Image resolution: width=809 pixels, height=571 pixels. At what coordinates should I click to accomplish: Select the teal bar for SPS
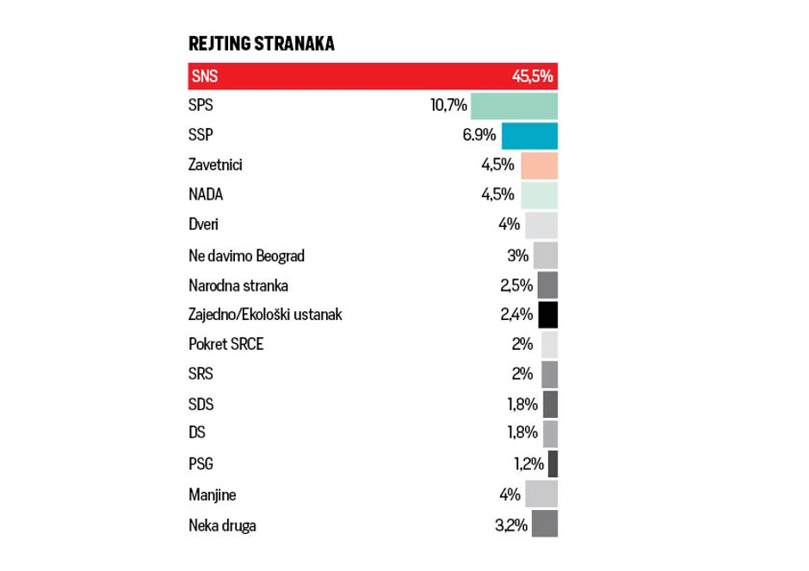515,106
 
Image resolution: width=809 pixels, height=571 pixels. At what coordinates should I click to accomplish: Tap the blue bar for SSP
529,136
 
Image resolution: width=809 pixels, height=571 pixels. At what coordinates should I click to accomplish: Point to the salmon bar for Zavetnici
540,165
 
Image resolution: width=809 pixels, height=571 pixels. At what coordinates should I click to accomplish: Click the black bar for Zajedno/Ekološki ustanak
548,315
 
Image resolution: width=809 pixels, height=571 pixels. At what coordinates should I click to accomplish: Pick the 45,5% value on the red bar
532,77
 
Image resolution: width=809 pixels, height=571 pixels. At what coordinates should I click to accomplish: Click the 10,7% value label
448,106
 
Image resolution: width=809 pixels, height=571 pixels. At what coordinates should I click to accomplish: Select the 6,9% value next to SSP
479,136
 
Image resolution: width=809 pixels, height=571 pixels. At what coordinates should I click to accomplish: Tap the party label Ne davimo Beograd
246,255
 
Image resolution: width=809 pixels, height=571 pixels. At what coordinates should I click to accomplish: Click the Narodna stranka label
238,285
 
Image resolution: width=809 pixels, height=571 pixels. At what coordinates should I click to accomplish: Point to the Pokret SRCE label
227,344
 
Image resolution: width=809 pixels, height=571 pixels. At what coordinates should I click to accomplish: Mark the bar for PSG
553,464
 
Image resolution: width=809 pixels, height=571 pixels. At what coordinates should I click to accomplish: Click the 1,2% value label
528,464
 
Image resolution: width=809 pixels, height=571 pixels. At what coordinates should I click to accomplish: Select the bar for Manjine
541,494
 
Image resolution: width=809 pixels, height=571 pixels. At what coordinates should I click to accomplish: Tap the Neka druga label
222,524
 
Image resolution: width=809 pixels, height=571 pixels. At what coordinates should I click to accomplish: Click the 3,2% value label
511,524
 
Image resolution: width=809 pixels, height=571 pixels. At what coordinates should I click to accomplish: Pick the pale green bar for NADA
540,195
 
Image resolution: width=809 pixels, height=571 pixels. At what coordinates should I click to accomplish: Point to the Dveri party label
203,225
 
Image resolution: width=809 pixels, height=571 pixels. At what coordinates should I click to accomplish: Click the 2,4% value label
517,315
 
